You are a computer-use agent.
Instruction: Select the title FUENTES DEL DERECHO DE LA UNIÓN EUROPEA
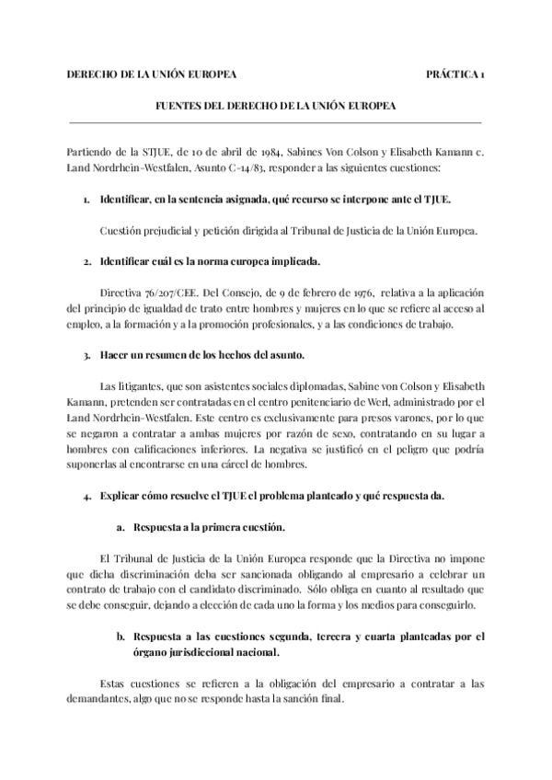pyautogui.click(x=275, y=106)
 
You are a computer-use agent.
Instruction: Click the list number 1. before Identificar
pyautogui.click(x=86, y=200)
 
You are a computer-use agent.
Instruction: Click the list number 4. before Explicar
pyautogui.click(x=86, y=498)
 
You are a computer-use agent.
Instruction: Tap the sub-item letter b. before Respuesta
pyautogui.click(x=121, y=636)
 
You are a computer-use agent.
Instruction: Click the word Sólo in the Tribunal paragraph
pyautogui.click(x=330, y=591)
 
